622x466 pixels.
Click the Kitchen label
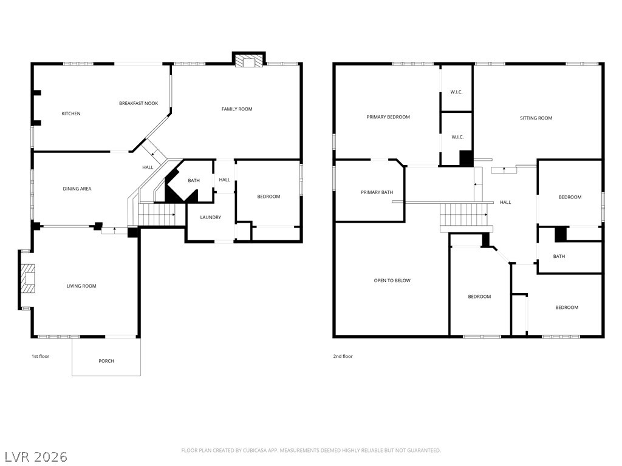pos(71,113)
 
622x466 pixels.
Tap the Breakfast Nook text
pos(138,103)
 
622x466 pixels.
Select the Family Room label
pos(237,109)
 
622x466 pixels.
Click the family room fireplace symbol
pos(248,61)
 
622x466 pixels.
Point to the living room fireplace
pos(28,279)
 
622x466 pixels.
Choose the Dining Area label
pos(77,189)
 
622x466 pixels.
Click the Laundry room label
pos(211,218)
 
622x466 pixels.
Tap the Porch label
pos(106,361)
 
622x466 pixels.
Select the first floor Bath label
pos(194,181)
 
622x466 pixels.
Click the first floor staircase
pos(157,214)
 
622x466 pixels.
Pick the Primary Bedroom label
pos(388,117)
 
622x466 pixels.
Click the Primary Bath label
pos(377,192)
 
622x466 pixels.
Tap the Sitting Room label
pos(536,118)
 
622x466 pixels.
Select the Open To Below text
pos(392,280)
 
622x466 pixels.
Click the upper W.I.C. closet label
pos(456,92)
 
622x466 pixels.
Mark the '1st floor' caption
pos(41,356)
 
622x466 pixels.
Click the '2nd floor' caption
pos(343,356)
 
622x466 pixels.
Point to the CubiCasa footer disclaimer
pos(311,451)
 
